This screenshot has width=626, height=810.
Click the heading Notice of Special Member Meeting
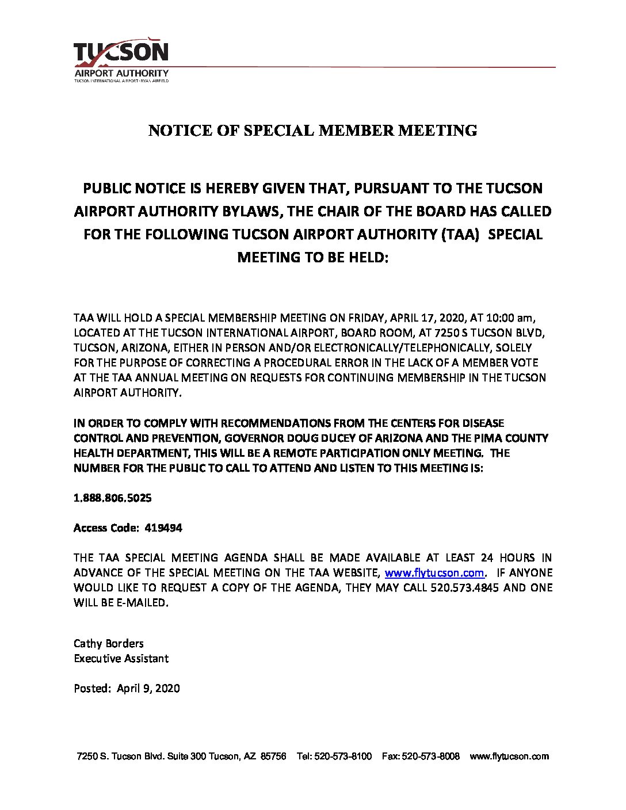[312, 131]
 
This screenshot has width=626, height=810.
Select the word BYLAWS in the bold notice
[251, 211]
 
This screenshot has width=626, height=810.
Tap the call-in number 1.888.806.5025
[113, 498]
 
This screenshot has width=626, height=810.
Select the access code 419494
[164, 528]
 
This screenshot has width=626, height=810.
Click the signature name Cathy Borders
[109, 643]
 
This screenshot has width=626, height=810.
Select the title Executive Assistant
[121, 658]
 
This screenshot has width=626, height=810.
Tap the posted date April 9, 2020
[148, 688]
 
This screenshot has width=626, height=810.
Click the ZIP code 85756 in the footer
[273, 756]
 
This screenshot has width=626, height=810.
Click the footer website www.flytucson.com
[509, 756]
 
